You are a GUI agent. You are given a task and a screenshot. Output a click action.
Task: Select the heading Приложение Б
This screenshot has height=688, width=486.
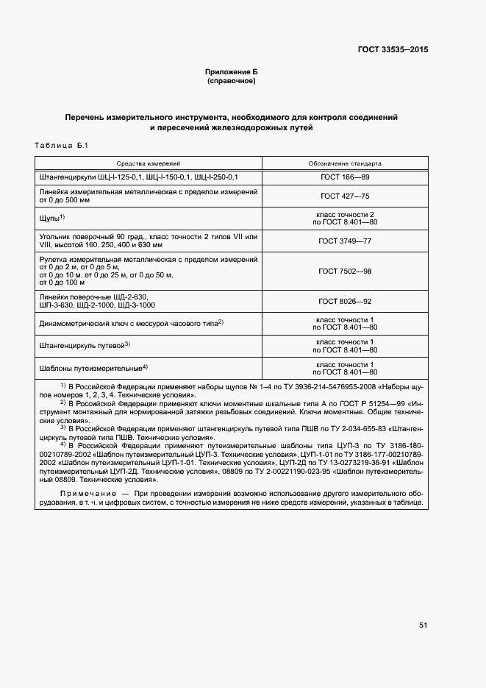[x=232, y=72]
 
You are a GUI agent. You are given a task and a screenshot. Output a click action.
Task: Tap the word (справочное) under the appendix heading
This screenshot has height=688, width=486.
[x=232, y=81]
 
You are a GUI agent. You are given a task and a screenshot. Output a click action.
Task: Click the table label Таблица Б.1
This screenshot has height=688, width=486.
[x=61, y=146]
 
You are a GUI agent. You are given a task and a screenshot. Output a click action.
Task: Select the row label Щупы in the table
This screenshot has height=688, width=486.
[x=49, y=219]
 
